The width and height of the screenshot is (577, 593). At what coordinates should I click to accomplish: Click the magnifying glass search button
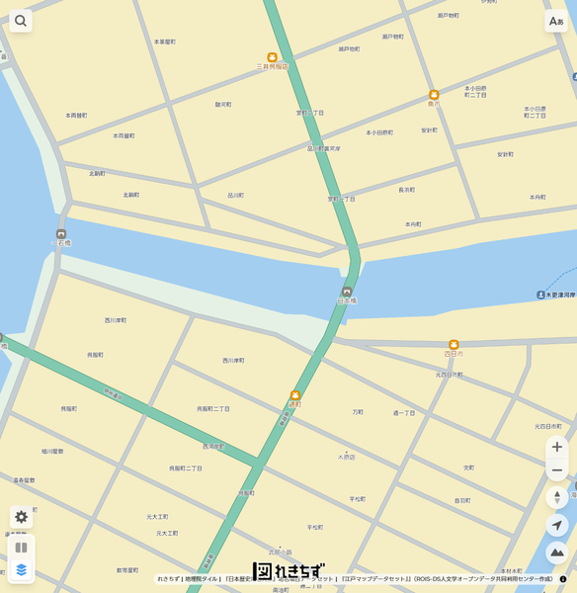[x=21, y=21]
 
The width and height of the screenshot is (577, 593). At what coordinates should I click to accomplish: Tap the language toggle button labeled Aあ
[x=556, y=21]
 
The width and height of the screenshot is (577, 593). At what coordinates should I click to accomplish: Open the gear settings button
[x=21, y=517]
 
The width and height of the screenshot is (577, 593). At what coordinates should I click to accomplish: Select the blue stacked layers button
[x=21, y=570]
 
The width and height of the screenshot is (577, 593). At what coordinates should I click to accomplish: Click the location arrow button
[x=557, y=526]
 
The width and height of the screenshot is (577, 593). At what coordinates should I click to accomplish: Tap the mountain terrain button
[x=557, y=553]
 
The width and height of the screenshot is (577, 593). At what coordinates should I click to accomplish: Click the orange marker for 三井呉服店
[x=273, y=57]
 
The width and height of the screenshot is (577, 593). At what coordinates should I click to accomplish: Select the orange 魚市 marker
[x=434, y=95]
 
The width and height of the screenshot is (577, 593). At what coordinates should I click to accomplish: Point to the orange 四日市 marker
[x=453, y=345]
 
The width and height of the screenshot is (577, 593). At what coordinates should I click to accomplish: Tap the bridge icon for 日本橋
[x=347, y=292]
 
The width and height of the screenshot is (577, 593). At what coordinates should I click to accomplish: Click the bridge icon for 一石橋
[x=61, y=233]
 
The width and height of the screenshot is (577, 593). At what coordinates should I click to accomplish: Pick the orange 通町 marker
[x=294, y=395]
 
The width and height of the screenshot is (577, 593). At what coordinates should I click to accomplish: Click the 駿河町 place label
[x=223, y=104]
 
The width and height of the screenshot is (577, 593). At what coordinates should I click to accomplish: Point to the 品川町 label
[x=235, y=195]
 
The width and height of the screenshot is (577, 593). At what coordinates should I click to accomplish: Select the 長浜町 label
[x=406, y=189]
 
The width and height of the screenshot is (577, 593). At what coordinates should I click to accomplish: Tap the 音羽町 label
[x=461, y=500]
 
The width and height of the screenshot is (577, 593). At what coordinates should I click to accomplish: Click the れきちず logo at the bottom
[x=288, y=571]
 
